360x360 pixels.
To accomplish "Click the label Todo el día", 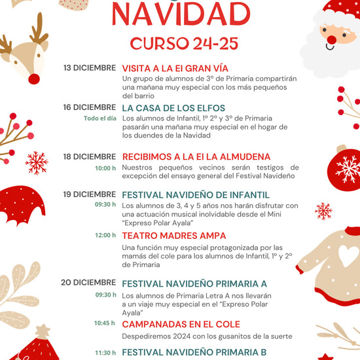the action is pos(100,118).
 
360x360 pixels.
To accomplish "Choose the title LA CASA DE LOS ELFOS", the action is pos(173,108).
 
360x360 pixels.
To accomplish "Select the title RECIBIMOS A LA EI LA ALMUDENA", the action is pos(196,156).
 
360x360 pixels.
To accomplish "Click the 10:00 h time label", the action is pos(105,168).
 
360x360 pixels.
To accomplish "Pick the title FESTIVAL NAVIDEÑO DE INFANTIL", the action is pos(196,194).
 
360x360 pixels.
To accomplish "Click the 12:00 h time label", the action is pos(105,236).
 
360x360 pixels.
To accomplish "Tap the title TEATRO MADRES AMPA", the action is pos(174,236).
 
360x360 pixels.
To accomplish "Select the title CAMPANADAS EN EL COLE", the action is pos(181,324).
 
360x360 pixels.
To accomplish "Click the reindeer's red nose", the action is pos(33,79).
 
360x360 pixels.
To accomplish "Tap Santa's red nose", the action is pos(332,40).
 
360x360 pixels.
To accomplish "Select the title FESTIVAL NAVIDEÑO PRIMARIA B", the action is pos(194,352).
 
